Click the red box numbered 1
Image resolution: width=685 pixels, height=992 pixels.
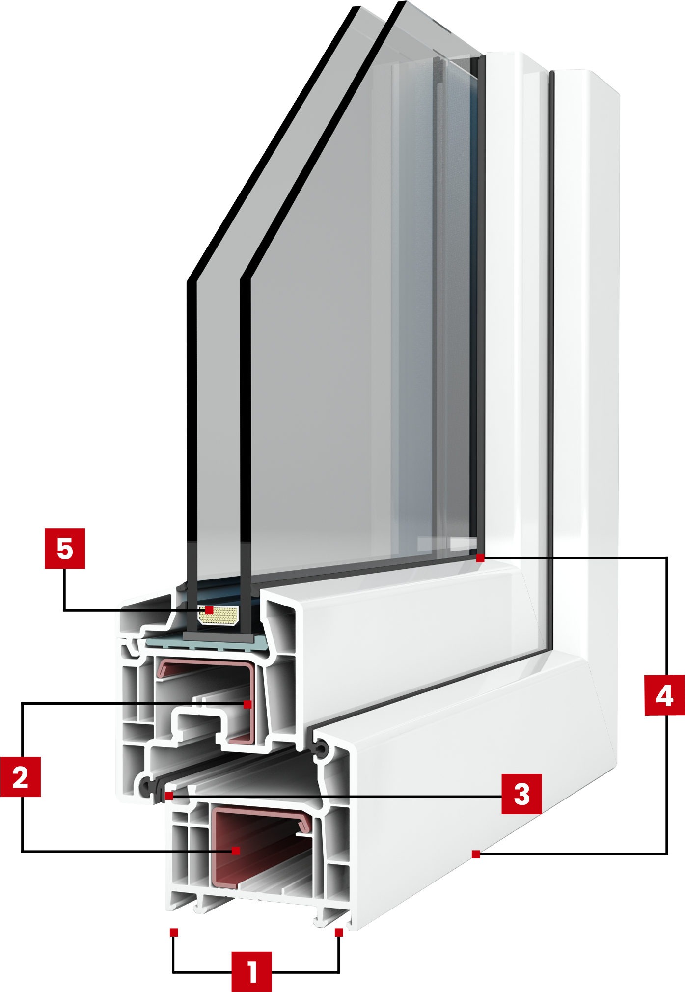[251, 971]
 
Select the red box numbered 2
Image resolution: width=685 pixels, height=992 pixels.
[21, 776]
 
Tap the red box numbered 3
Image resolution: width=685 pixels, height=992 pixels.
[521, 794]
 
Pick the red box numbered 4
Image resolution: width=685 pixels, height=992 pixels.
[664, 695]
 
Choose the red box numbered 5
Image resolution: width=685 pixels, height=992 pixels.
[65, 549]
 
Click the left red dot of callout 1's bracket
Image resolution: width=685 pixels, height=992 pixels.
[174, 932]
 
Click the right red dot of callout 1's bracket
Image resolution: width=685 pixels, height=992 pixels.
[339, 932]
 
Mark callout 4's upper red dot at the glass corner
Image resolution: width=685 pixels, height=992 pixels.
[480, 558]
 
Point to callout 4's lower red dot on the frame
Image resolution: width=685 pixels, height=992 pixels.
[476, 854]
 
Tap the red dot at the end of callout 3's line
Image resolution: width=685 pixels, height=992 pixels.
[169, 796]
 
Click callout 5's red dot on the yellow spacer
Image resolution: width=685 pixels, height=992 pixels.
[209, 610]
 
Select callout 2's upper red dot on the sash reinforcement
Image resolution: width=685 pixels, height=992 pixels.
[247, 704]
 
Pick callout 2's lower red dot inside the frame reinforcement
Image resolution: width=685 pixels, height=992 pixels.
[236, 851]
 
